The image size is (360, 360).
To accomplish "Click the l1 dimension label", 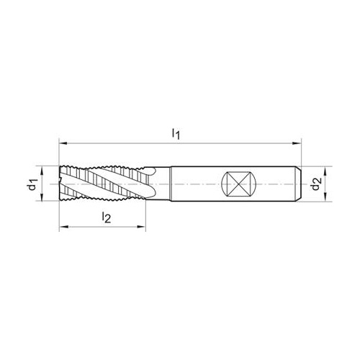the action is [x=176, y=133].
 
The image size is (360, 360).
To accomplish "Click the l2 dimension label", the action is [x=106, y=217].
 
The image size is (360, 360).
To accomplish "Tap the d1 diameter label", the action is [x=32, y=184].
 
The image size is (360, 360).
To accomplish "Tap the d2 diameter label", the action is [x=316, y=184].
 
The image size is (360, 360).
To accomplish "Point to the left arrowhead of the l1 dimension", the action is [x=63, y=143].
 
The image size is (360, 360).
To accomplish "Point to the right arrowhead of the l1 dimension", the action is [x=297, y=143].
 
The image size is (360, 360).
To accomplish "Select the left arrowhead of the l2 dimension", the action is [x=63, y=226].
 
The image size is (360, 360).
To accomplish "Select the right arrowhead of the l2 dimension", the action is [x=141, y=226].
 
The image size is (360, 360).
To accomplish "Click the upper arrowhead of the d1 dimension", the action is [x=42, y=171].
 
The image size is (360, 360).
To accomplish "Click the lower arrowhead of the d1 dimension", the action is [x=42, y=197].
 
